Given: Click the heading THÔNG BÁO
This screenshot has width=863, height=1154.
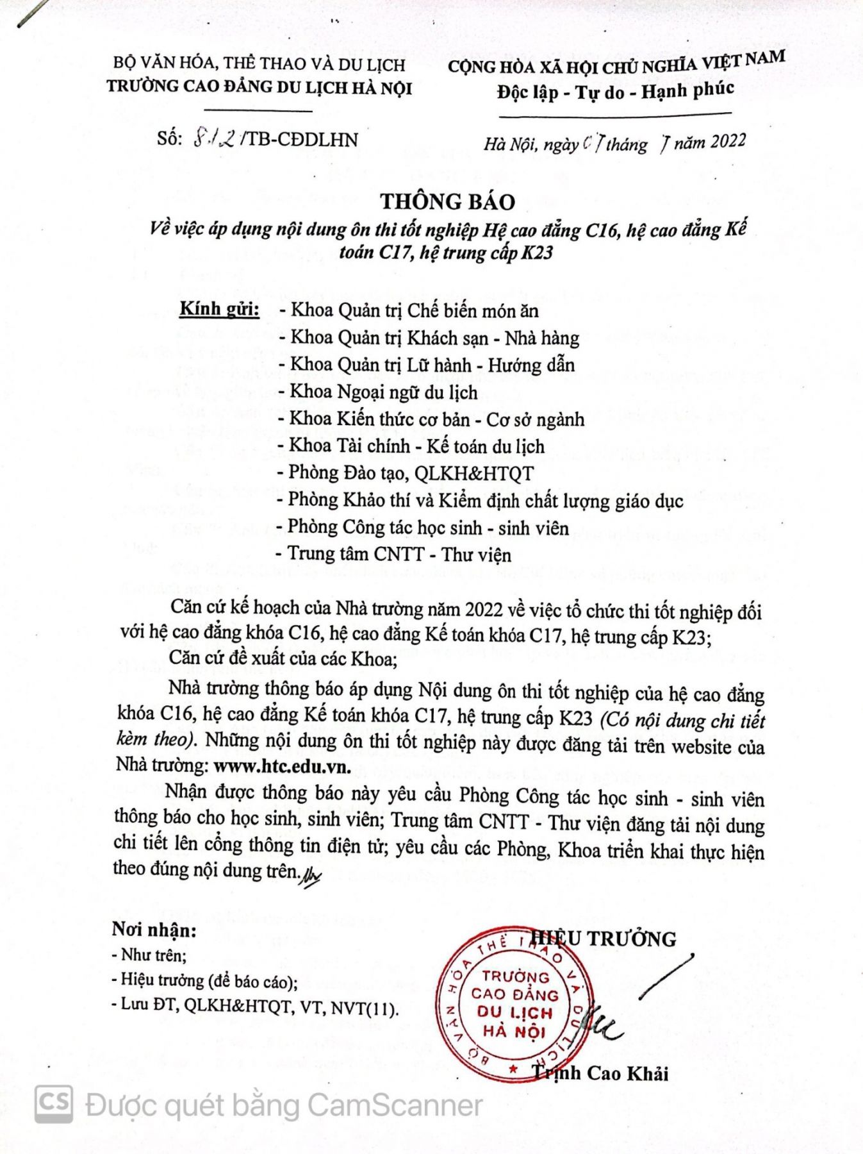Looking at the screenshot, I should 448,201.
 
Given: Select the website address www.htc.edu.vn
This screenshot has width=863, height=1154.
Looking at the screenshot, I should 282,766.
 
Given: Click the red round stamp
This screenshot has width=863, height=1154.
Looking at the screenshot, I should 514,1005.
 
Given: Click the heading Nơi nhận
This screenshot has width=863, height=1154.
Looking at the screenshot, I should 154,929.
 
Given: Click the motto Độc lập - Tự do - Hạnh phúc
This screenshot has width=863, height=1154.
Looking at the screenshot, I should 615,91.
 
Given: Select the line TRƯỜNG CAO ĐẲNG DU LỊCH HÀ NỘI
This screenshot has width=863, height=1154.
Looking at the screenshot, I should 259,87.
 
